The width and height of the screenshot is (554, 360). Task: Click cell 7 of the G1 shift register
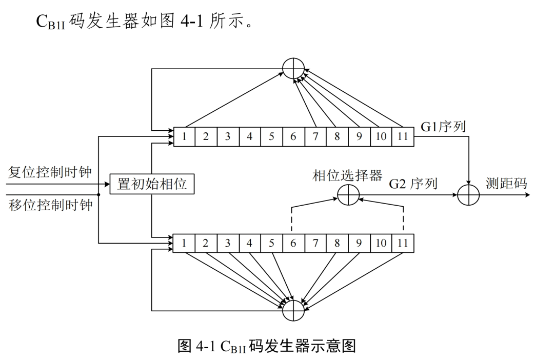pyautogui.click(x=315, y=137)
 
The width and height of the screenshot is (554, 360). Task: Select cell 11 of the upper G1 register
pyautogui.click(x=403, y=137)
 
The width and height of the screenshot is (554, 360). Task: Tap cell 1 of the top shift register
pyautogui.click(x=184, y=137)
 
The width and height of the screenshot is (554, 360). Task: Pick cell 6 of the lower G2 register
pyautogui.click(x=293, y=243)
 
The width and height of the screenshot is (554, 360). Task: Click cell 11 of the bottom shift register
pyautogui.click(x=403, y=243)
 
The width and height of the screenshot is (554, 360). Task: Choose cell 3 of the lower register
pyautogui.click(x=227, y=243)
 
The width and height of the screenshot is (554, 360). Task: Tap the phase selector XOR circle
pyautogui.click(x=348, y=195)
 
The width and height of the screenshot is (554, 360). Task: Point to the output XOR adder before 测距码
pyautogui.click(x=468, y=195)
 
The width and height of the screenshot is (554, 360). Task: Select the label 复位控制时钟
pyautogui.click(x=50, y=172)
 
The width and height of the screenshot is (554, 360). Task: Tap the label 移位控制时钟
pyautogui.click(x=50, y=206)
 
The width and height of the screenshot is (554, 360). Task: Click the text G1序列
pyautogui.click(x=443, y=127)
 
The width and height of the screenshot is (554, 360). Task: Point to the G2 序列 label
pyautogui.click(x=413, y=184)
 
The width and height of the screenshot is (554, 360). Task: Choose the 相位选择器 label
pyautogui.click(x=347, y=175)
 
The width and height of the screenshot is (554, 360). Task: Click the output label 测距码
pyautogui.click(x=506, y=184)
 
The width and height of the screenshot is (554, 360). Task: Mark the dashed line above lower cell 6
pyautogui.click(x=293, y=219)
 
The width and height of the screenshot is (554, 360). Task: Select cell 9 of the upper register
pyautogui.click(x=359, y=137)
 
